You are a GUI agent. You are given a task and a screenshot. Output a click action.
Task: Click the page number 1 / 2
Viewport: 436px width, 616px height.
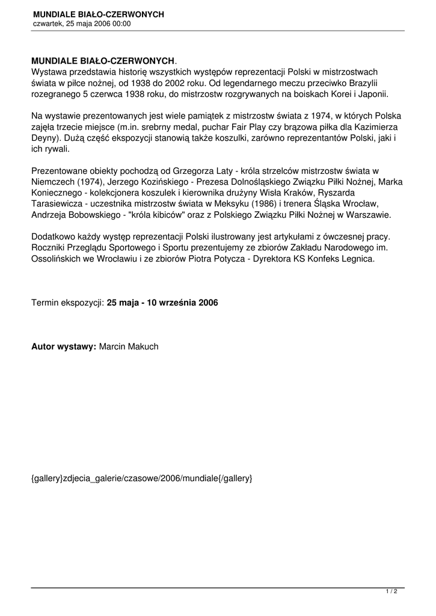click(391, 592)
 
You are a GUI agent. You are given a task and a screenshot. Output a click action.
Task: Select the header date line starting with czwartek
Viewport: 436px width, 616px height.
click(82, 24)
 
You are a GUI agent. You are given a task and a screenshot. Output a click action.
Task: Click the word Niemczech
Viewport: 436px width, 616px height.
click(53, 182)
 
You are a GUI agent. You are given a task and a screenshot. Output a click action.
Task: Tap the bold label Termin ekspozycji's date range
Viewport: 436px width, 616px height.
click(162, 303)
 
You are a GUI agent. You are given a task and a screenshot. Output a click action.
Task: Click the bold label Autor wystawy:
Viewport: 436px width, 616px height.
click(63, 346)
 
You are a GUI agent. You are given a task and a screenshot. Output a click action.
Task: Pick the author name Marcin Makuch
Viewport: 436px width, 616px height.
click(129, 346)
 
